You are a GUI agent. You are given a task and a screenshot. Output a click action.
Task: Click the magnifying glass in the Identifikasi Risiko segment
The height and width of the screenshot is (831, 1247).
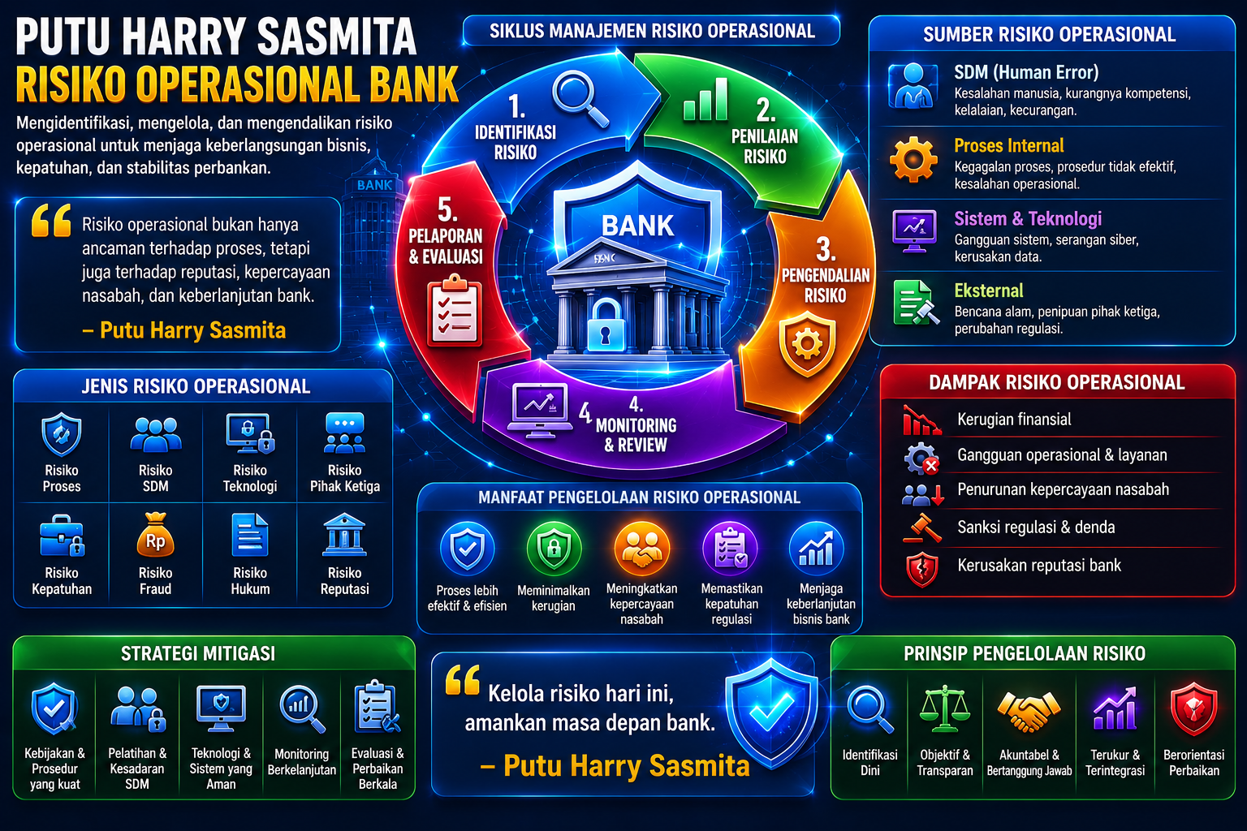coord(579,100)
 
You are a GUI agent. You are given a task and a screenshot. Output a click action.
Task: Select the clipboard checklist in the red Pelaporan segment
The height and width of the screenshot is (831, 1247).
coord(455,310)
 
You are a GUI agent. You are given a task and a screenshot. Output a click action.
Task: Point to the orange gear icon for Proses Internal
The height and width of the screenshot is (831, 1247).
coord(913,160)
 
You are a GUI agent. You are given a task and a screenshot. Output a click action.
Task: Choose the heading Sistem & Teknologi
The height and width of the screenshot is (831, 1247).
coord(1028,219)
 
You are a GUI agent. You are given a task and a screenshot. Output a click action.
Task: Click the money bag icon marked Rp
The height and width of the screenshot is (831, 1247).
coord(155,535)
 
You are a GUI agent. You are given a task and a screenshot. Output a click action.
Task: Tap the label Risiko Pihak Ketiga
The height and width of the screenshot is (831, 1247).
coord(344,478)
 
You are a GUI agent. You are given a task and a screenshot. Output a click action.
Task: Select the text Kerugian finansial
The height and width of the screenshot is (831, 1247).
coord(1014,419)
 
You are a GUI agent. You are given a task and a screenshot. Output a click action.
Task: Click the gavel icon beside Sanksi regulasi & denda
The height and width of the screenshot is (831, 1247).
coord(922,527)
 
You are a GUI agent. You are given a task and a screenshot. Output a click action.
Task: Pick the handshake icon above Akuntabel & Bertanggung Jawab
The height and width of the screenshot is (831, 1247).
coord(1029,711)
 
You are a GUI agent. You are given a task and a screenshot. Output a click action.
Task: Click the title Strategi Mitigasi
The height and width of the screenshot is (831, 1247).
coord(198,653)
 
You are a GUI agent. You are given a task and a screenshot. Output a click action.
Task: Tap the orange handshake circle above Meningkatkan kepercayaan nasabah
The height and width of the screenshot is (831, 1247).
coord(642,549)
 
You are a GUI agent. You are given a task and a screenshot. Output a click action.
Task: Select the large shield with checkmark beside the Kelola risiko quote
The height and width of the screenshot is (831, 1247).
coord(771,713)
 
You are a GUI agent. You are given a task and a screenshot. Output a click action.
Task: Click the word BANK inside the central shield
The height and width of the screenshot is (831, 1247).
coord(637,226)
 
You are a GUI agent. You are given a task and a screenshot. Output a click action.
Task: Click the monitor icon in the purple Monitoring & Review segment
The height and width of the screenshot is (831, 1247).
coord(539,410)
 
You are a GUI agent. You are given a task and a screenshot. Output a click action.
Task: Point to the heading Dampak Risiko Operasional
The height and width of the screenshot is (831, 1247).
coord(1056,383)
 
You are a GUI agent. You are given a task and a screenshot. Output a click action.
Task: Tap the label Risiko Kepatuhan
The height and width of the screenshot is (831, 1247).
coord(62,581)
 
